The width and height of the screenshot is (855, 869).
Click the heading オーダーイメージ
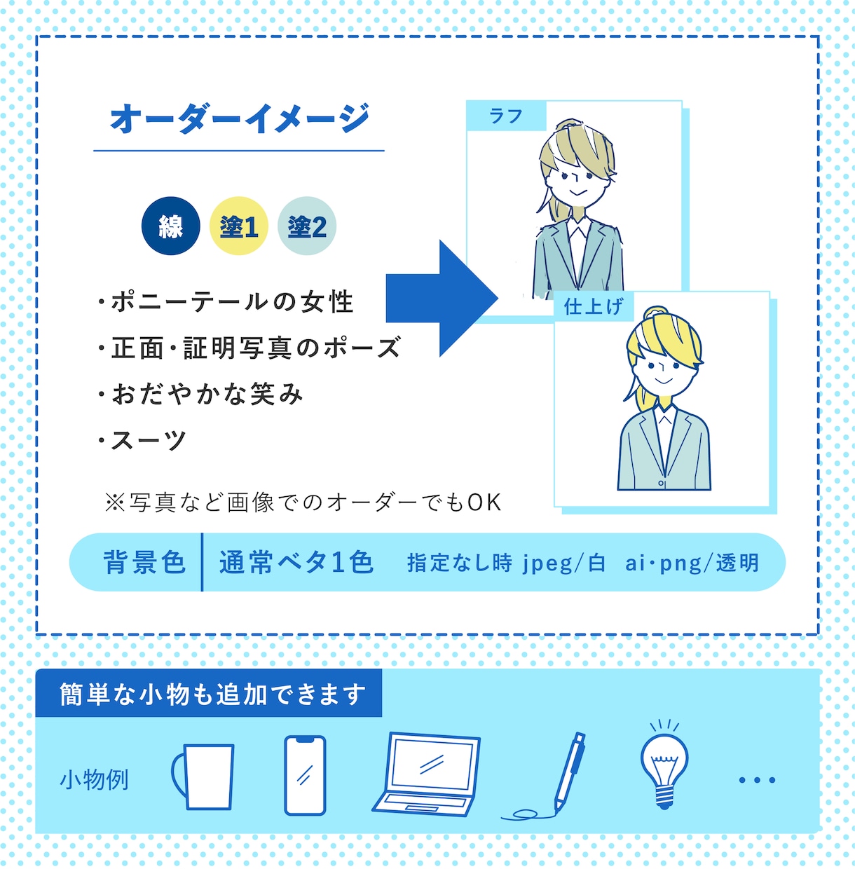[x=239, y=118]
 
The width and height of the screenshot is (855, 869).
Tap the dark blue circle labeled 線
[x=170, y=226]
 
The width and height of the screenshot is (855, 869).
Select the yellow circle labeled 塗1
[x=239, y=226]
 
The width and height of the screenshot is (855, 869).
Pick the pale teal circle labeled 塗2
[x=307, y=226]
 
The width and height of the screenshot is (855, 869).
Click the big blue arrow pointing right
[x=442, y=299]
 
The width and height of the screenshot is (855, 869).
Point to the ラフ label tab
[x=506, y=116]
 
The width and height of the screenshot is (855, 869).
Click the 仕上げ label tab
[x=594, y=307]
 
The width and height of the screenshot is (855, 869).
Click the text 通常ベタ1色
[x=296, y=562]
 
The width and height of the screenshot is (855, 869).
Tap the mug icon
[x=203, y=776]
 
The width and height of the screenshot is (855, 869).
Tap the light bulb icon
[x=664, y=765]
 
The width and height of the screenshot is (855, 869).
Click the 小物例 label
[x=95, y=780]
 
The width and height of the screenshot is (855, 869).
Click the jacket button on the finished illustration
[x=661, y=484]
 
